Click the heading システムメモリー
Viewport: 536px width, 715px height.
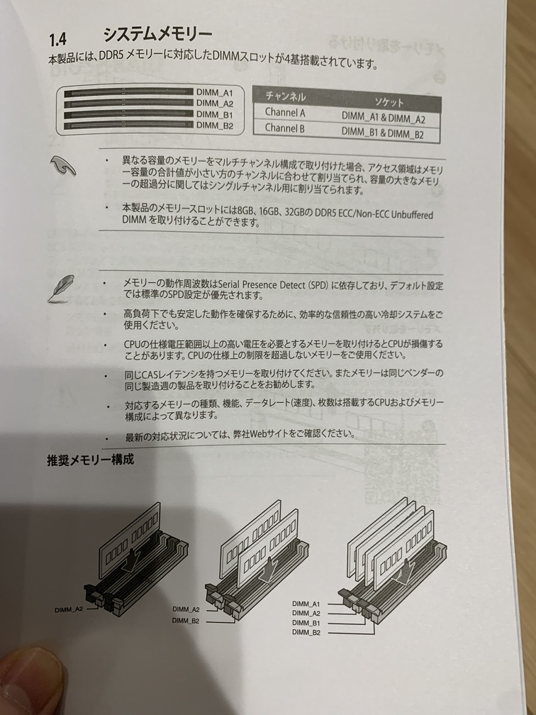point(157,34)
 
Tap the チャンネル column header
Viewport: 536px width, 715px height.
point(286,96)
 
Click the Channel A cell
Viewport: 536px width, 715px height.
point(285,112)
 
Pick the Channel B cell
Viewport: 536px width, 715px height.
point(285,128)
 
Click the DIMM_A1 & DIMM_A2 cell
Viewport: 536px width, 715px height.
point(382,118)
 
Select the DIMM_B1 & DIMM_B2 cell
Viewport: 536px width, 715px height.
point(382,133)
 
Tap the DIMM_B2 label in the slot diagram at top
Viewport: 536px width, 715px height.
point(215,126)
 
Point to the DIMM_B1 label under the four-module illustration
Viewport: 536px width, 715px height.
point(306,623)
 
